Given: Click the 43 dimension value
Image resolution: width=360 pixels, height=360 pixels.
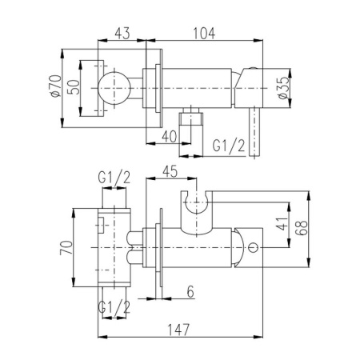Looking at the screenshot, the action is coord(122,33).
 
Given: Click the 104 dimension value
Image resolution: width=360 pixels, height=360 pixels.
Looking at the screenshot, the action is coord(204,33).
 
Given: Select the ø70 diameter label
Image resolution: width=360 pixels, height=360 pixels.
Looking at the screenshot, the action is coord(55,86).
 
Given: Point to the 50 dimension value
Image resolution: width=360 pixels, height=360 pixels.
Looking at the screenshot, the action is coord(74,87).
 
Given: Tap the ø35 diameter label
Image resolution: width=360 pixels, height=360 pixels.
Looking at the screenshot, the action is coord(283,88).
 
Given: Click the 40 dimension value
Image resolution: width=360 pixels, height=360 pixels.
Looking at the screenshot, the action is coord(170,137).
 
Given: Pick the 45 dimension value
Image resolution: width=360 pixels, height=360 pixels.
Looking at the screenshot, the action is coord(170,171).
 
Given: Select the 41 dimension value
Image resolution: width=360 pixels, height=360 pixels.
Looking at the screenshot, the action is coord(282,224).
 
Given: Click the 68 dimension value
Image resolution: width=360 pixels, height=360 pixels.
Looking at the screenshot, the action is coord(302,228).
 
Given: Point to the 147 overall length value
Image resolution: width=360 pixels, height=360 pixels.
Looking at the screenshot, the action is coord(178,330).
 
